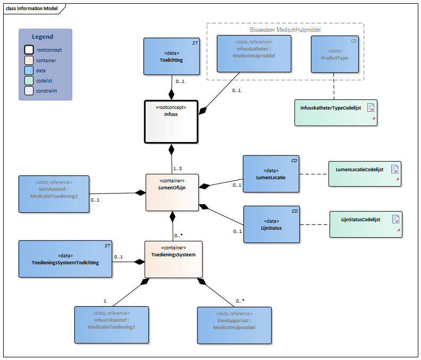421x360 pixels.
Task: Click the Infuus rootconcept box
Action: pyautogui.click(x=171, y=122)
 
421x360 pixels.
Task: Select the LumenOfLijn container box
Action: pyautogui.click(x=172, y=192)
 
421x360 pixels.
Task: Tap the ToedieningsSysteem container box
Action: pyautogui.click(x=173, y=259)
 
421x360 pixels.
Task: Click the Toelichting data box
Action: pyautogui.click(x=172, y=56)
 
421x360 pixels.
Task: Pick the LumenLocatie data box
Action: pyautogui.click(x=271, y=174)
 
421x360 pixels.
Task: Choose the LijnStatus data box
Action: pyautogui.click(x=272, y=224)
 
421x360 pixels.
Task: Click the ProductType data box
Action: pyautogui.click(x=335, y=54)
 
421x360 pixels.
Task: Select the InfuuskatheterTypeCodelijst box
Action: pyautogui.click(x=336, y=113)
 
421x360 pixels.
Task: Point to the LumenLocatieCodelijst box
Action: pyautogui.click(x=365, y=174)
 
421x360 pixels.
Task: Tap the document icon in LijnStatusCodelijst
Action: pyautogui.click(x=395, y=219)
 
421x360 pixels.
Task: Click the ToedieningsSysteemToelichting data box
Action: pyautogui.click(x=65, y=259)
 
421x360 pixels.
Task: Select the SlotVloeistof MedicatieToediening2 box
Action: pyautogui.click(x=54, y=194)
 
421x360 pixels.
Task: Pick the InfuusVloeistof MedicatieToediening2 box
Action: pyautogui.click(x=112, y=325)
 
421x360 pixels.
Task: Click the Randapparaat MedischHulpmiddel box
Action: pyautogui.click(x=234, y=325)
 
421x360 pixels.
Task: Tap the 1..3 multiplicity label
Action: pyautogui.click(x=178, y=169)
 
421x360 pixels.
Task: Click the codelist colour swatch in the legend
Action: pyautogui.click(x=29, y=81)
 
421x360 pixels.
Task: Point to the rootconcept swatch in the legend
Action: pyautogui.click(x=29, y=49)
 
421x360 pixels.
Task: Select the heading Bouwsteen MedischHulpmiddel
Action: pyautogui.click(x=285, y=30)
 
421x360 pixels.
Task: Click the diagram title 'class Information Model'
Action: pyautogui.click(x=32, y=9)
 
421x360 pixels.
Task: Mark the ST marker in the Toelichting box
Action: pyautogui.click(x=195, y=43)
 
